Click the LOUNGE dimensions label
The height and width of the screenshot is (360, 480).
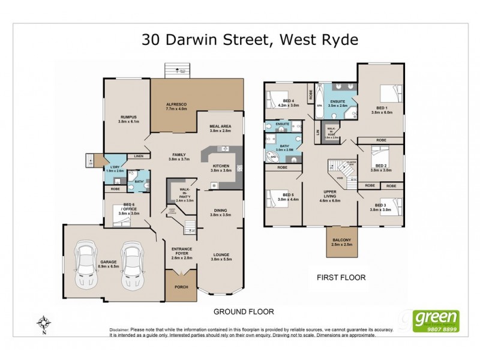tap(220, 259)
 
